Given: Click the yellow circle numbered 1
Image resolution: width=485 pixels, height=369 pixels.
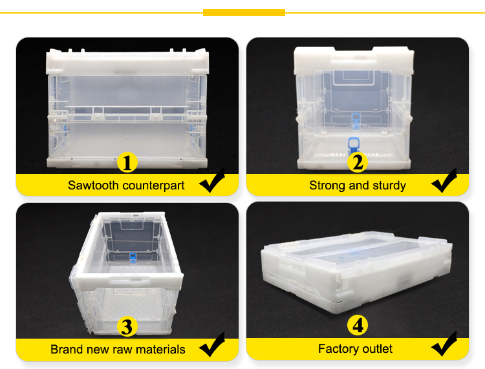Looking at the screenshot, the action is point(127,162).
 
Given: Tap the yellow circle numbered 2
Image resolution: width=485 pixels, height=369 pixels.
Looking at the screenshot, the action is point(358,162).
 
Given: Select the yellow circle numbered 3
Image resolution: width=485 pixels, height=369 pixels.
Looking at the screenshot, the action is point(127,326).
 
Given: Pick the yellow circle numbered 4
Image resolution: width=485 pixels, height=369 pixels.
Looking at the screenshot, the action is point(358,325).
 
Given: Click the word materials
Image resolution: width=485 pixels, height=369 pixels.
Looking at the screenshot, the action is point(160,350).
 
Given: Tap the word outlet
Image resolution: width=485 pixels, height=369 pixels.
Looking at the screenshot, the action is point(377,349).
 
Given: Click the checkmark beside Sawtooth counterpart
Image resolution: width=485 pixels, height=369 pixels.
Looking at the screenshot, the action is point(212,180).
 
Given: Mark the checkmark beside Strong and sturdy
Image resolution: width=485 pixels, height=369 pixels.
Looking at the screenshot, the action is point(444,180).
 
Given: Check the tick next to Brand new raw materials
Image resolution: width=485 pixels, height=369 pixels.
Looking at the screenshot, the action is point(212,344).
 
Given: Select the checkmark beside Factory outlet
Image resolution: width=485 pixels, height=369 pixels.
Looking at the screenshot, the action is point(444,344).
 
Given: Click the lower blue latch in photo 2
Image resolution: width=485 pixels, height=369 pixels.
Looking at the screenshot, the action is point(353,145).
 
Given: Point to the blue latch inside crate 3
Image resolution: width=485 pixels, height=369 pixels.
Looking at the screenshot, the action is point(133,258).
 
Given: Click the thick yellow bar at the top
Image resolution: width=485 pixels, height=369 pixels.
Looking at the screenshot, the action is point(244,13).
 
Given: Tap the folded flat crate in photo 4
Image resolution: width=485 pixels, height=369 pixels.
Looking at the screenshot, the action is point(356,272).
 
